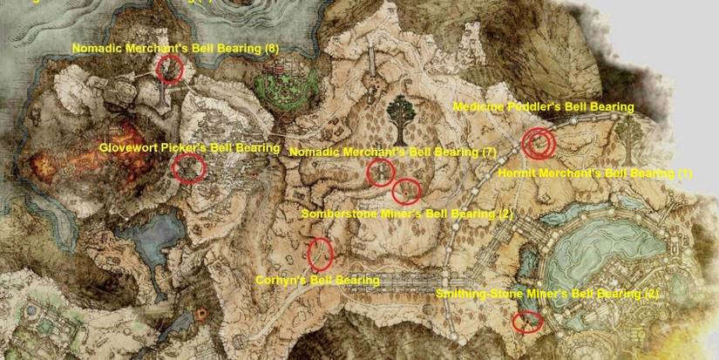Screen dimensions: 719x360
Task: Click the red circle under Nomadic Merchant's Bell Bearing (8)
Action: tap(169, 69)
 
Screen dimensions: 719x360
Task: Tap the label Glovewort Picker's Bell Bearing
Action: tap(189, 148)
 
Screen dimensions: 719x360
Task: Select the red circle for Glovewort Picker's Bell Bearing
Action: tap(187, 168)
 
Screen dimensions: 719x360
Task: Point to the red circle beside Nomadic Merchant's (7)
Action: tap(380, 173)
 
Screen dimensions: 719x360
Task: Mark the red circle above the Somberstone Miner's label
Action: tap(406, 190)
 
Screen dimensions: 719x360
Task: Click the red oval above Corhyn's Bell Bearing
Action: tap(320, 253)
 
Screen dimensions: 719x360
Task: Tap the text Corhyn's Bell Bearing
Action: tap(317, 281)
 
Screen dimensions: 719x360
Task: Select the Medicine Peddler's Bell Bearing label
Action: tap(543, 106)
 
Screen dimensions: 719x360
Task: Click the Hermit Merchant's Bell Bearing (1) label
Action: tap(594, 174)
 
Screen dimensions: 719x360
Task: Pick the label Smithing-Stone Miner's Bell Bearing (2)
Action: tap(546, 295)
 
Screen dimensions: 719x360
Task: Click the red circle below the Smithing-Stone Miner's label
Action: tap(526, 322)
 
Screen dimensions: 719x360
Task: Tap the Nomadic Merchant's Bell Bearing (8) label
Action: tap(175, 49)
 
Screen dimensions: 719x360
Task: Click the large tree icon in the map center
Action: tap(402, 119)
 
